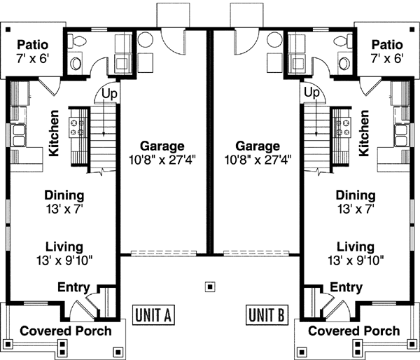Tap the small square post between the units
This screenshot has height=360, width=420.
[x=209, y=286]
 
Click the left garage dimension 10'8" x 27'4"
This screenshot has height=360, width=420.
[x=162, y=159]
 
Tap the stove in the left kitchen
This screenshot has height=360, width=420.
[x=76, y=127]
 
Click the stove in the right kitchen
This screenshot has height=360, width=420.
[x=343, y=127]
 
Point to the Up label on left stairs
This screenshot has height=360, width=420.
[x=109, y=92]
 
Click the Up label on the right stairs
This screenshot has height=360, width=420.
[x=312, y=92]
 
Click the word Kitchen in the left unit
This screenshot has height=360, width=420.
[x=53, y=133]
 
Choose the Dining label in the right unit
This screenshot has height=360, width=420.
[x=355, y=195]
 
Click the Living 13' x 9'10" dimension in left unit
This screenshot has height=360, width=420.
[x=64, y=260]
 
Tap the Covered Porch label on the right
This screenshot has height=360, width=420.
[x=354, y=331]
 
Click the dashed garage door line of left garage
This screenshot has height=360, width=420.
[x=162, y=252]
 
